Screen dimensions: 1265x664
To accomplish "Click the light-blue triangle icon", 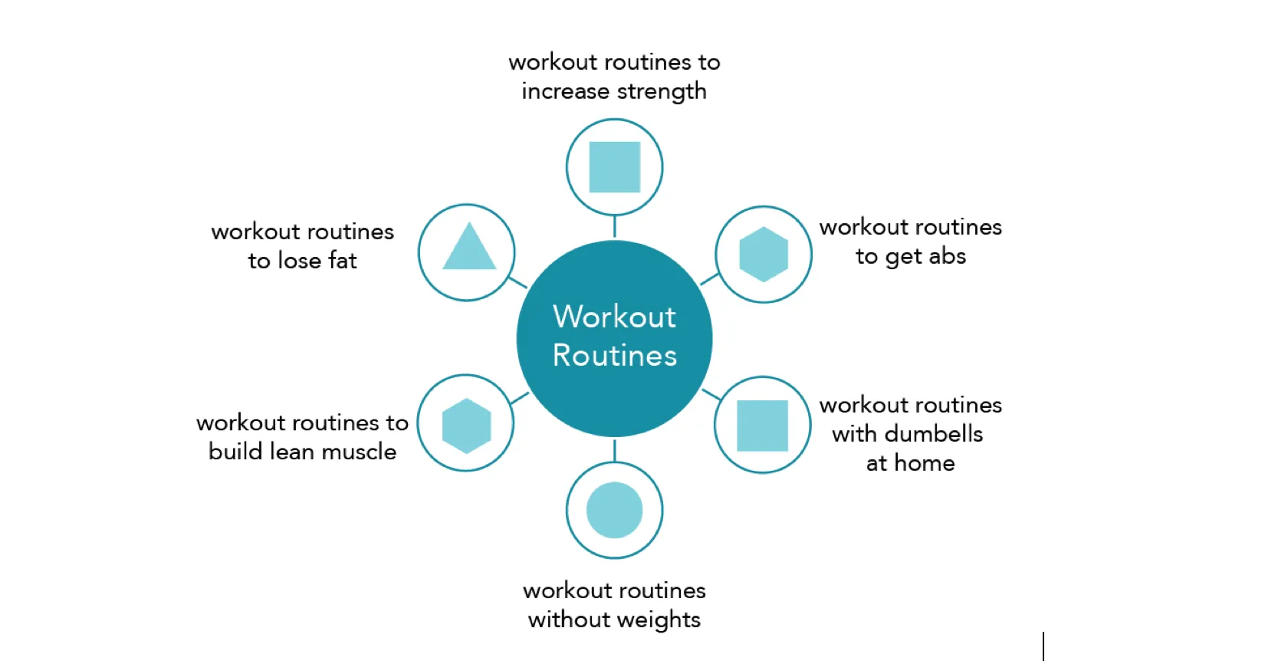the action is [469, 246].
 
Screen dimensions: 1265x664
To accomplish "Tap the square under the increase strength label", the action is [614, 167].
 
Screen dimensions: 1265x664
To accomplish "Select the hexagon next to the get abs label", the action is [764, 254].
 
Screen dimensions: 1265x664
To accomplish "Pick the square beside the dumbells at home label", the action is [762, 426].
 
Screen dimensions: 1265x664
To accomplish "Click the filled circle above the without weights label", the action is [614, 511].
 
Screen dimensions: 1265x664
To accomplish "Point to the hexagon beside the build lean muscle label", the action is [466, 426].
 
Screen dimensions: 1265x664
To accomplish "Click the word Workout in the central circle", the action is [614, 317].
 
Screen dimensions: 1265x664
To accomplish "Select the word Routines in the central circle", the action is [614, 356].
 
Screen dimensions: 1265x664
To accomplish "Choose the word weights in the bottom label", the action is [658, 620].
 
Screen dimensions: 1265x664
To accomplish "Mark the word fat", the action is [343, 261].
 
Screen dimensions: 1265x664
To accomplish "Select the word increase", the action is [565, 91].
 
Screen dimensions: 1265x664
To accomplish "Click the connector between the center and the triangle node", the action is [517, 282].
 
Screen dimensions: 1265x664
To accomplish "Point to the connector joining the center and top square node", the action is [614, 226].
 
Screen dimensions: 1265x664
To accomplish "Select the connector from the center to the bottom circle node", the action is [614, 451].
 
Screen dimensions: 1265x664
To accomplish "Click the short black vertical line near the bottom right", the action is [1043, 646].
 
